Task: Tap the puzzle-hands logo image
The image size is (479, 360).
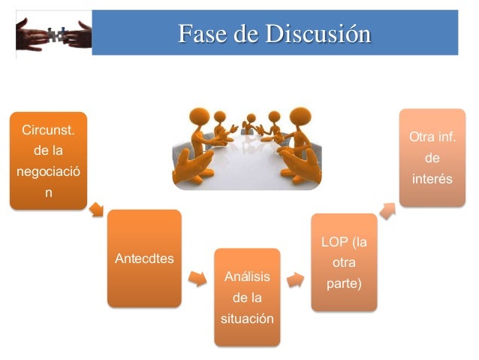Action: click(x=53, y=34)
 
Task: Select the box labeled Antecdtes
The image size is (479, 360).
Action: click(x=144, y=259)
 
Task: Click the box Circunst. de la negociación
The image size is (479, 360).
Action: click(x=48, y=160)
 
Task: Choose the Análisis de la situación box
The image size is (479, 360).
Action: click(x=247, y=298)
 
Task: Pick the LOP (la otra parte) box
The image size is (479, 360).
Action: click(x=344, y=262)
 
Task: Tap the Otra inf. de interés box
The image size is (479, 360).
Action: click(x=432, y=158)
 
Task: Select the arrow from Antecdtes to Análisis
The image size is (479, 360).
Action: click(x=197, y=278)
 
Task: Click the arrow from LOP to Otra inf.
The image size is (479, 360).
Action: click(x=387, y=210)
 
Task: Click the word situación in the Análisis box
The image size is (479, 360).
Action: click(x=247, y=319)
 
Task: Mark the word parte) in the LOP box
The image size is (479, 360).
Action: click(x=345, y=285)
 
